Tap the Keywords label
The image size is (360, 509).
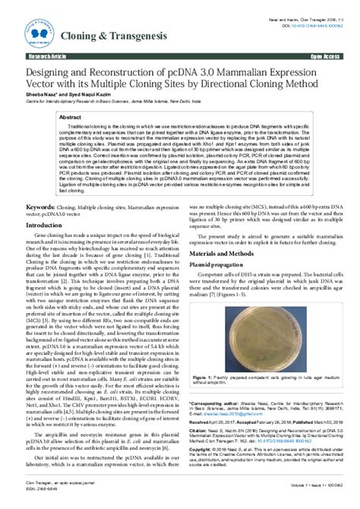tap(41, 207)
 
